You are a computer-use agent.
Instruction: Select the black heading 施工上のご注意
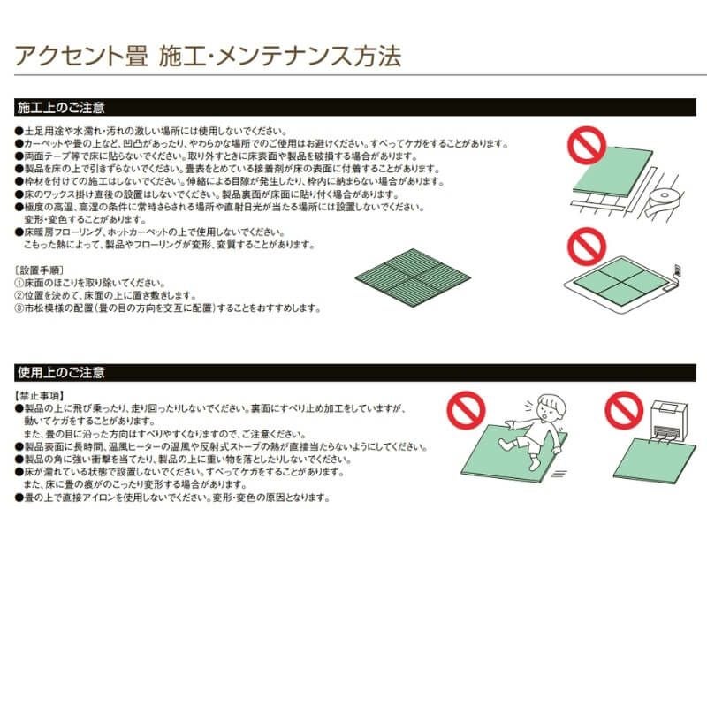62,109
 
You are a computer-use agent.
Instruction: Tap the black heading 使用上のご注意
62,372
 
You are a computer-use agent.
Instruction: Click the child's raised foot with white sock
510,442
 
